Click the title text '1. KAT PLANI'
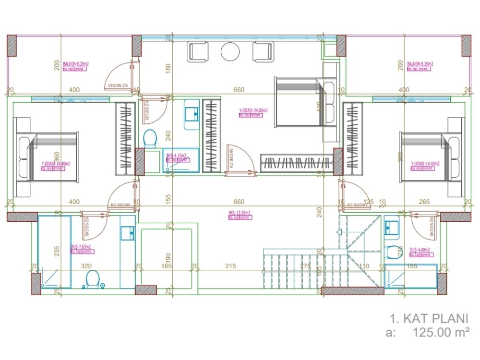[428, 318]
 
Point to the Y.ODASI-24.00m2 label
[253, 110]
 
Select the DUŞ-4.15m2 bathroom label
[176, 156]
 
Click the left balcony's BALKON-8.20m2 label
[77, 63]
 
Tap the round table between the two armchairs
[230, 52]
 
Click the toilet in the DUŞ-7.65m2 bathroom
[92, 278]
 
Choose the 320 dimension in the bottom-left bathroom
[86, 265]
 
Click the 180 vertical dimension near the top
[168, 69]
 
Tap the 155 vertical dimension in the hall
[168, 199]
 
